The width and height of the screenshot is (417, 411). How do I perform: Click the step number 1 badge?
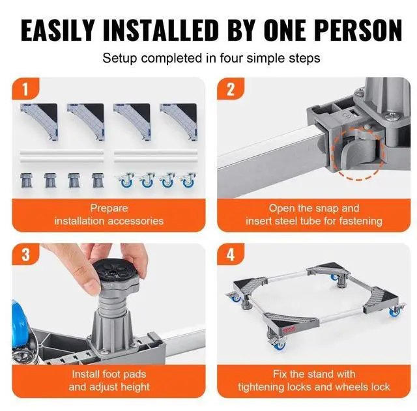click(x=25, y=89)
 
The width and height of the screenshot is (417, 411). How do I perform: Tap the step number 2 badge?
click(x=230, y=89)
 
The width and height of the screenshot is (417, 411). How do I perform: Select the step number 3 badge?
click(x=25, y=255)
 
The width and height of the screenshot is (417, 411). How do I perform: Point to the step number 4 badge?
click(x=230, y=255)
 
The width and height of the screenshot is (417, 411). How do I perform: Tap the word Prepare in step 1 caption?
click(x=109, y=208)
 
